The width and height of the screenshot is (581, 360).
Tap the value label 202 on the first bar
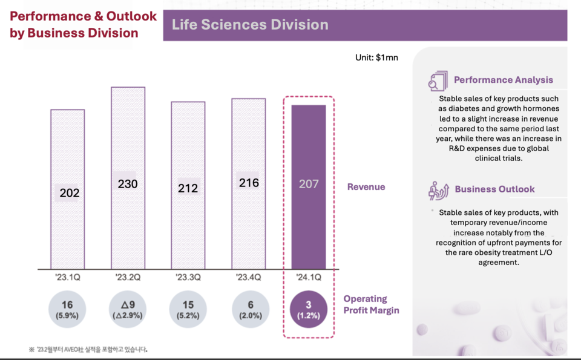pyautogui.click(x=69, y=193)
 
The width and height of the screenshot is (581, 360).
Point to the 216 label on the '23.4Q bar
pyautogui.click(x=249, y=182)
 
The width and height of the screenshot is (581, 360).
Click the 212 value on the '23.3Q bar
pyautogui.click(x=188, y=188)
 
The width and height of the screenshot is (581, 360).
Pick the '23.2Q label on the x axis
pyautogui.click(x=128, y=278)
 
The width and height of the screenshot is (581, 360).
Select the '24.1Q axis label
pyautogui.click(x=309, y=278)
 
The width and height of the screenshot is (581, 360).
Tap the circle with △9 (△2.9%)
pyautogui.click(x=128, y=309)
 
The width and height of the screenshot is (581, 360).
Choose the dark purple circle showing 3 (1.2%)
pyautogui.click(x=309, y=309)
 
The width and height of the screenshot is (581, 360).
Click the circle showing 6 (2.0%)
pyautogui.click(x=249, y=309)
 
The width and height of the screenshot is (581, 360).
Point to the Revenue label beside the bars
pyautogui.click(x=366, y=187)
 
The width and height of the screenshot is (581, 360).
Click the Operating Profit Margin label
pyautogui.click(x=371, y=304)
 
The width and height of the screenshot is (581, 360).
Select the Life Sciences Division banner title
pyautogui.click(x=250, y=25)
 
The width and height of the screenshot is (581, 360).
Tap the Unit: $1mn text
pyautogui.click(x=376, y=58)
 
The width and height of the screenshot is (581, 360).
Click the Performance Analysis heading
pyautogui.click(x=503, y=80)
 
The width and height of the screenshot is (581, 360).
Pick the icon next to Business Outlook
pyautogui.click(x=438, y=189)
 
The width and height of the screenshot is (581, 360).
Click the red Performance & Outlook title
pyautogui.click(x=83, y=24)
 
